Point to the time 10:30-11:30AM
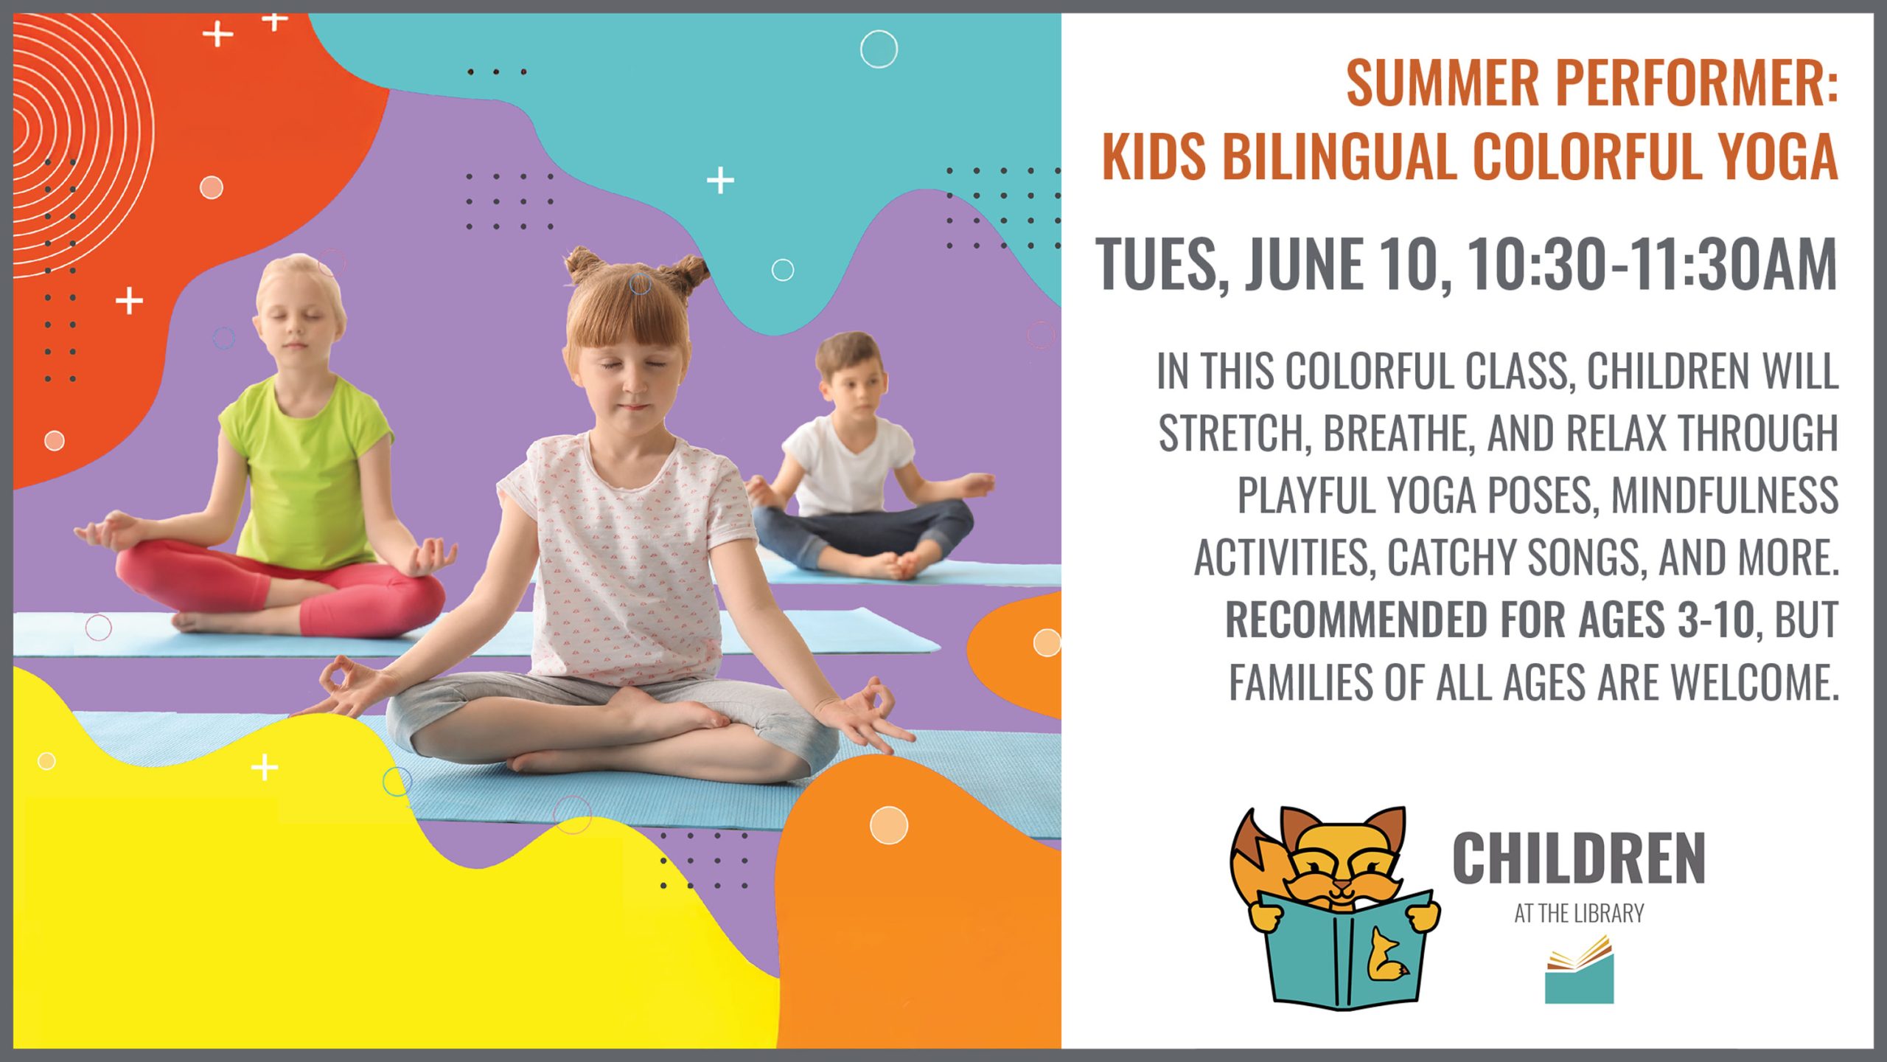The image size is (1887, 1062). (x=1651, y=264)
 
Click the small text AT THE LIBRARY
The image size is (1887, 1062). (x=1579, y=914)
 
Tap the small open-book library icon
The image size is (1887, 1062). (x=1579, y=969)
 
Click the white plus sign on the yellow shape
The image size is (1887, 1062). (x=265, y=768)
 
